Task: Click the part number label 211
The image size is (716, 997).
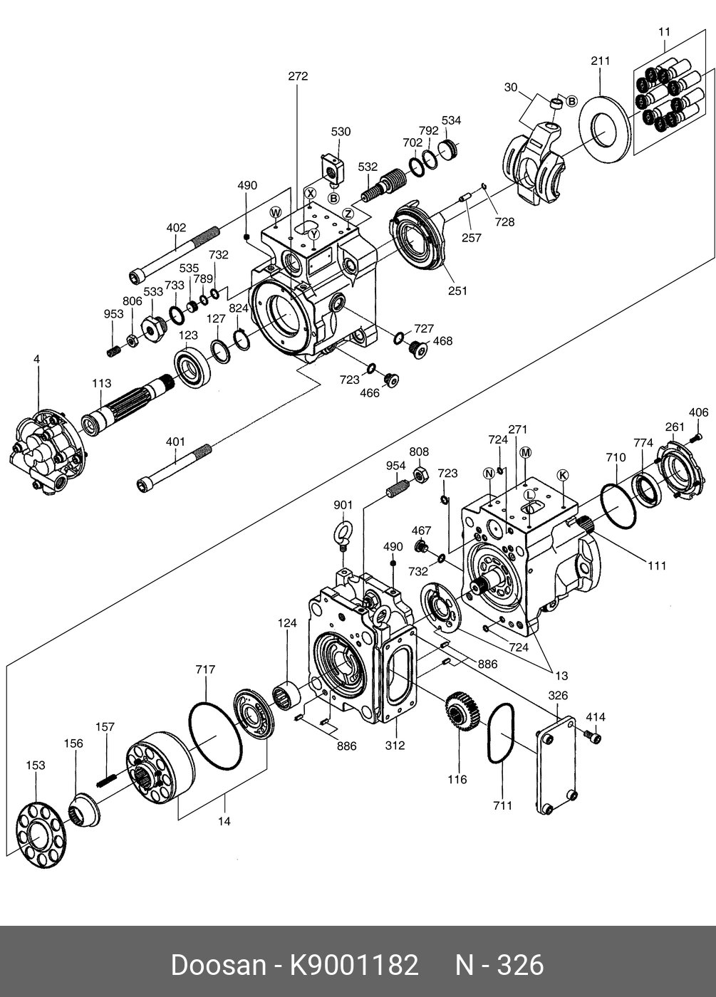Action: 600,61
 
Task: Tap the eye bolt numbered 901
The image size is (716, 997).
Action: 343,535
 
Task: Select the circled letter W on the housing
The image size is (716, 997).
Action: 276,212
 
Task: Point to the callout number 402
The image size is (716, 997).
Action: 177,228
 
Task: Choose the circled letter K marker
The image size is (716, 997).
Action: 563,476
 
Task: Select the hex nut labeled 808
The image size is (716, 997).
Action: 421,475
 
